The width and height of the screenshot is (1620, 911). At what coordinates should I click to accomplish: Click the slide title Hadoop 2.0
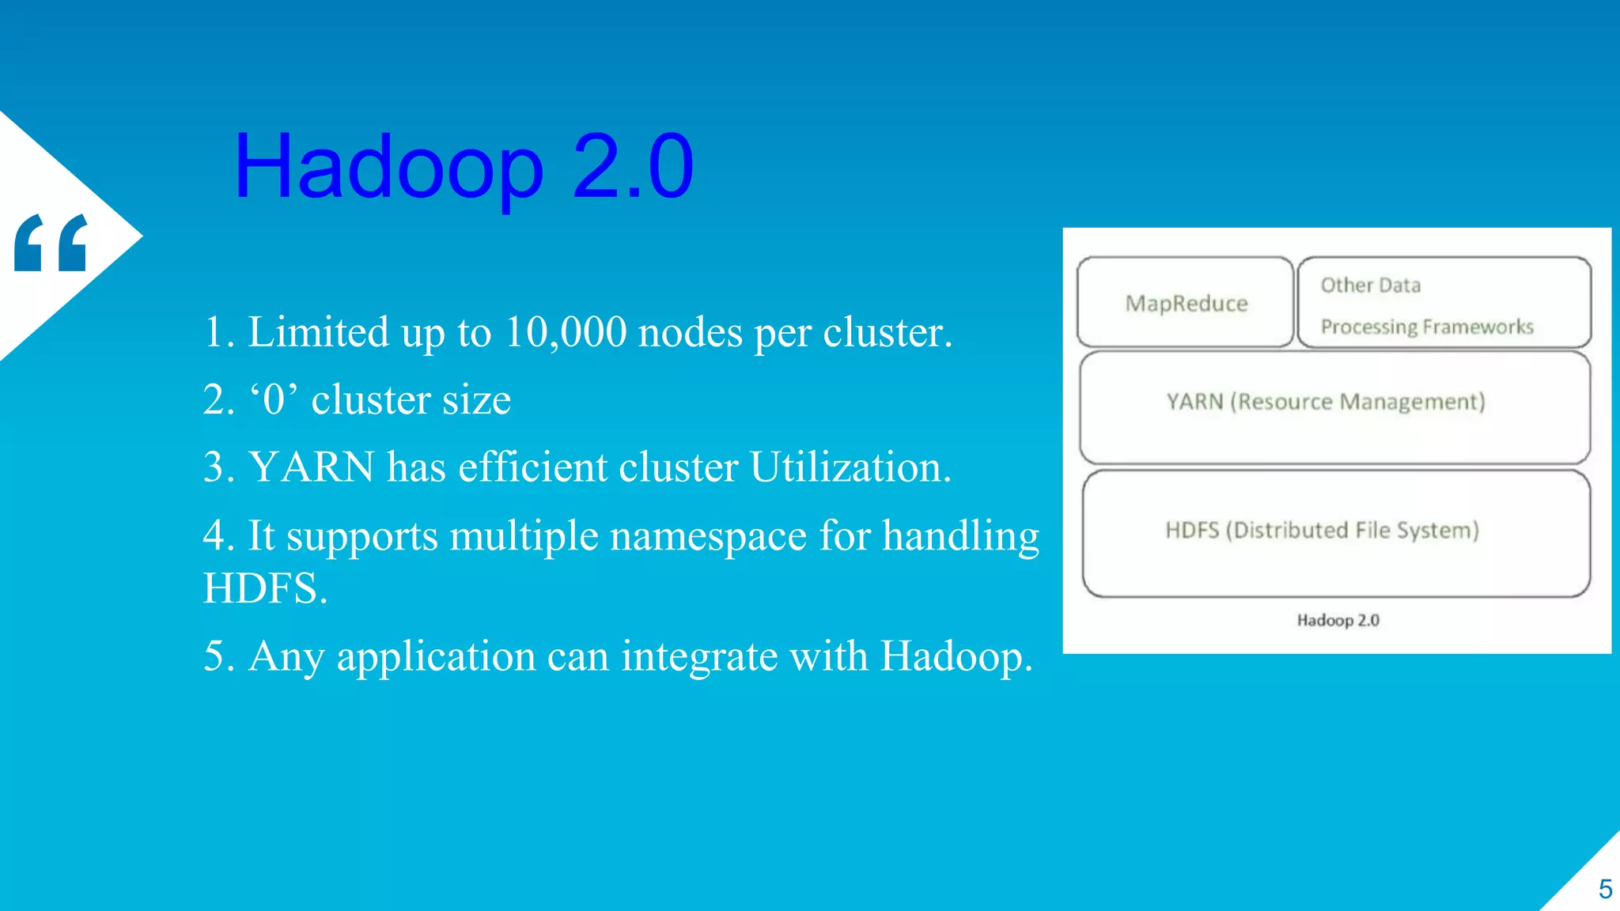464,167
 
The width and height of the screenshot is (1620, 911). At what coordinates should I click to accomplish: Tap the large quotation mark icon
51,243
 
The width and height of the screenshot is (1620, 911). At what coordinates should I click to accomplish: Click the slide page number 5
1605,890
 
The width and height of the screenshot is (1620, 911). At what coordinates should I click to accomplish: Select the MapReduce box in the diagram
1186,303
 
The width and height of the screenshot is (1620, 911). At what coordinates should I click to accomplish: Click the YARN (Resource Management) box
1334,407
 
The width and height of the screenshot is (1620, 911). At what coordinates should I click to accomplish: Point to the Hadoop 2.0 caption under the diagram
1338,620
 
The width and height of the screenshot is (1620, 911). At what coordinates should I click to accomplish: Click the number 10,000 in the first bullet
565,332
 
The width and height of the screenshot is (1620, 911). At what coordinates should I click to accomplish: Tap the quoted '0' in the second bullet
274,399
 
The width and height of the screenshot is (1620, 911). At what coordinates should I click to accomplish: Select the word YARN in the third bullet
312,467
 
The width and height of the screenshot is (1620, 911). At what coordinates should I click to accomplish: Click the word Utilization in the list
850,467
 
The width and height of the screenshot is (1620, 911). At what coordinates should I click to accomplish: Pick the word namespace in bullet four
708,536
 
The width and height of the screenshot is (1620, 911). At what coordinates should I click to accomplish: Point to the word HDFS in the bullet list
264,588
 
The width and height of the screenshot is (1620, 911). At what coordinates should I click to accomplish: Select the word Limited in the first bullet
319,332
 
